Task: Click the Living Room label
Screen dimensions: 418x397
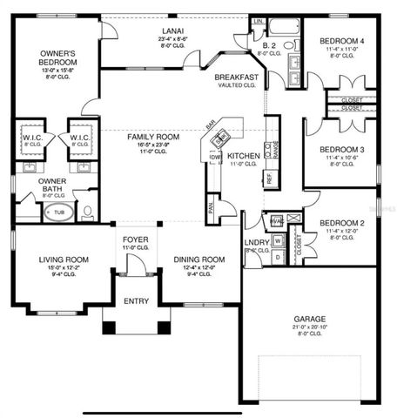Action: (64, 260)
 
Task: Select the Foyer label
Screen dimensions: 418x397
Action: (134, 239)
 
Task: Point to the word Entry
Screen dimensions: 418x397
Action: (136, 300)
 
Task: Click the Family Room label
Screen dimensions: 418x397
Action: (153, 137)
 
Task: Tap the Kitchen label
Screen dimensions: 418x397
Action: (244, 157)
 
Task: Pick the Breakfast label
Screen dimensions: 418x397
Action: (237, 78)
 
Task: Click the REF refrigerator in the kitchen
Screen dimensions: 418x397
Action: (269, 178)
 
